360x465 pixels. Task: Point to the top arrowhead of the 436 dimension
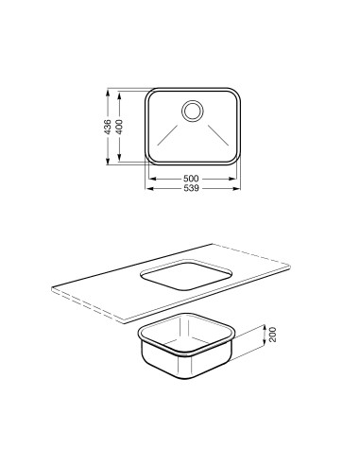(110, 93)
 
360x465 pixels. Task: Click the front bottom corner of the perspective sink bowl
(185, 378)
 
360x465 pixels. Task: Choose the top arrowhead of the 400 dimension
(122, 95)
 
